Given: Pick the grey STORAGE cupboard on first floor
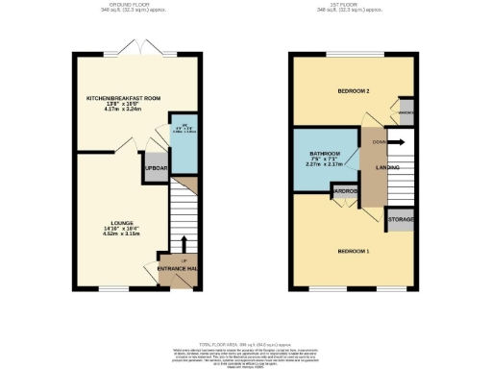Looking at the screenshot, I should click(x=401, y=220).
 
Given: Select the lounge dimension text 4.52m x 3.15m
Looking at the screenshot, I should click(x=120, y=234).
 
